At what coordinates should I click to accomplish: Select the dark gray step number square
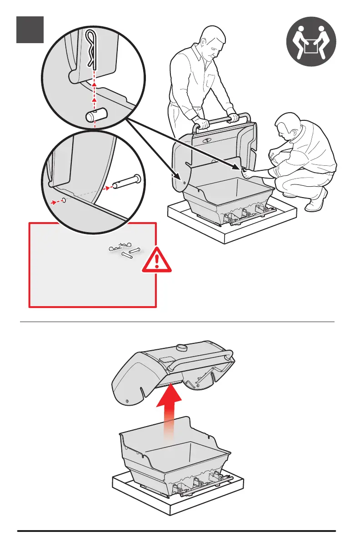(30, 30)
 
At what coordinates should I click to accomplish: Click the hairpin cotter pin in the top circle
(92, 47)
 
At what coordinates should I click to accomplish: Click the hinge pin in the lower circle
(127, 181)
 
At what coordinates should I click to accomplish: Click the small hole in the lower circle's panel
(64, 200)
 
